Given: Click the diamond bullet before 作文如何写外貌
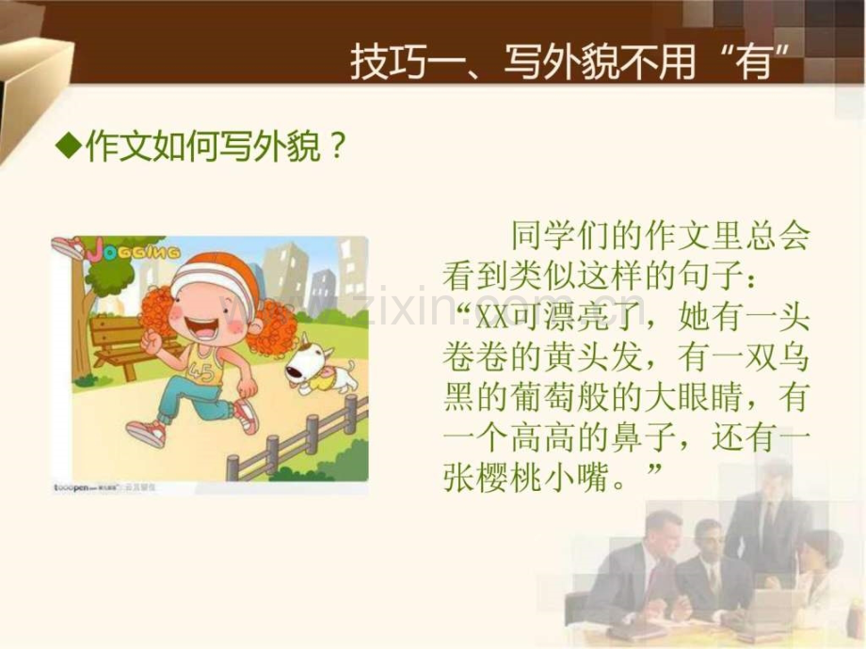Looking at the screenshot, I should pos(66,147).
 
